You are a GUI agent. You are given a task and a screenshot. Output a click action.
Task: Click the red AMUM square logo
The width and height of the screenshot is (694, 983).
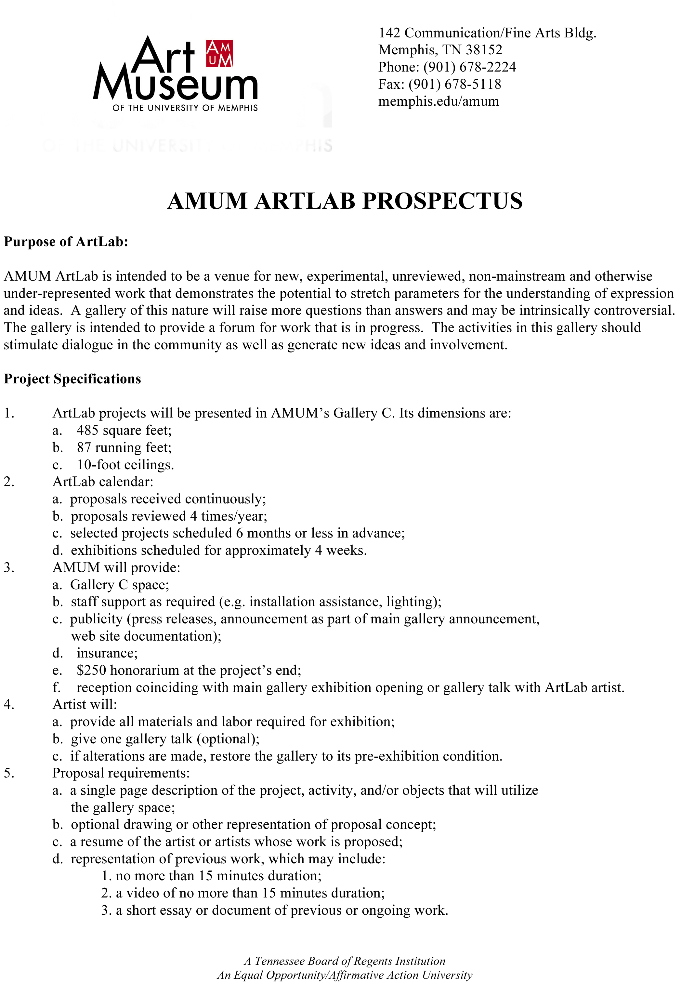coord(219,54)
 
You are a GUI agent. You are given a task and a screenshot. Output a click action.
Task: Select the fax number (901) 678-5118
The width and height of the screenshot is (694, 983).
coord(454,84)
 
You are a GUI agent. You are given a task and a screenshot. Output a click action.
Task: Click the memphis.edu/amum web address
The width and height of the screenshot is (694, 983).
coord(438,101)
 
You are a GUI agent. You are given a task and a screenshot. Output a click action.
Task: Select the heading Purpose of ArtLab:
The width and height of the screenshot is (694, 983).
coord(66,242)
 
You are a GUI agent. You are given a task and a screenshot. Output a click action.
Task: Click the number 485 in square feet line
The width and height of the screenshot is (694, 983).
coord(88,430)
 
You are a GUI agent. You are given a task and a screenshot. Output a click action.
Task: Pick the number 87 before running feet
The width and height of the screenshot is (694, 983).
coord(84,447)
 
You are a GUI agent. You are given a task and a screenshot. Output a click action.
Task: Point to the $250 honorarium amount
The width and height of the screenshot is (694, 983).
coord(91,671)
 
